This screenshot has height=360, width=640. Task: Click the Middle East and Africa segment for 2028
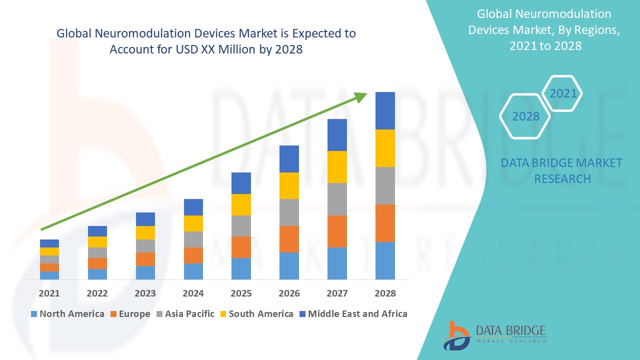385,110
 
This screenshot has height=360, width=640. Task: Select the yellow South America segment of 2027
337,166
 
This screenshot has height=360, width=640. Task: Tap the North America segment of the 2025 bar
241,268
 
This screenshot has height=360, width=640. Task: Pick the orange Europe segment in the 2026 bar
289,239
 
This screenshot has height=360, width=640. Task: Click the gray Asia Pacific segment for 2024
193,239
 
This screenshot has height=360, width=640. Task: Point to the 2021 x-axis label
49,293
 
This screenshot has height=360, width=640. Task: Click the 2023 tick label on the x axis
145,293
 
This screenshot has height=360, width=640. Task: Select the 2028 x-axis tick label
385,293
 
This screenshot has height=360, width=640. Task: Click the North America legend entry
67,314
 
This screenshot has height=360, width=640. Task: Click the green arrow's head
361,96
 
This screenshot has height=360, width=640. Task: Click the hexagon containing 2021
562,93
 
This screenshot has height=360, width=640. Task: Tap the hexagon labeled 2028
525,116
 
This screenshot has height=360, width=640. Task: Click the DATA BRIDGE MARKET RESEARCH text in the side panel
561,170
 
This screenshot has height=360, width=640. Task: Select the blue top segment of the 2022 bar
97,231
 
